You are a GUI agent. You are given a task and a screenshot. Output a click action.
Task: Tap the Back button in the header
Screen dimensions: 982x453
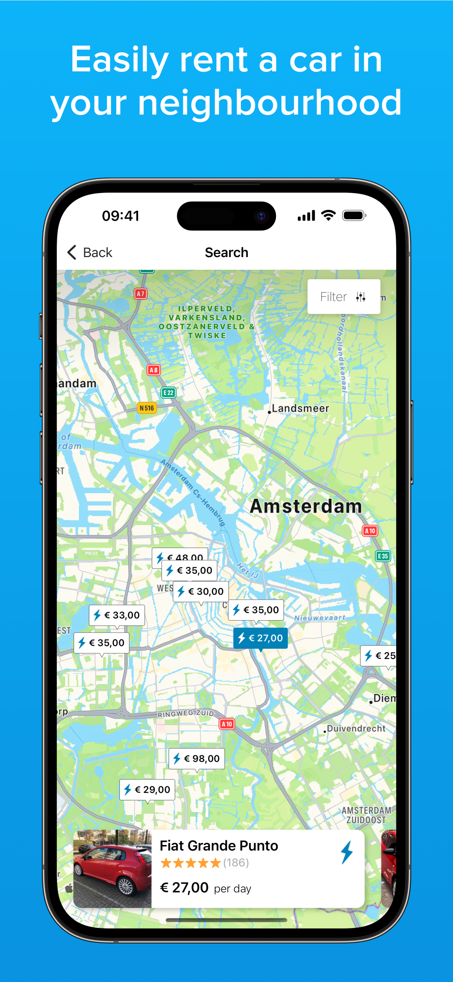90,253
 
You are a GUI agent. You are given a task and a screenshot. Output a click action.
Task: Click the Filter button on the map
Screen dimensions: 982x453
343,296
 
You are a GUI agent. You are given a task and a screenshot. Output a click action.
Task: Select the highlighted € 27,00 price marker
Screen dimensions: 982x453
261,638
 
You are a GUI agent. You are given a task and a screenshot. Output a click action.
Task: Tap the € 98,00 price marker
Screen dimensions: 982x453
197,758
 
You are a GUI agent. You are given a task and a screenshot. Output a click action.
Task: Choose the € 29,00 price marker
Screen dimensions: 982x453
147,789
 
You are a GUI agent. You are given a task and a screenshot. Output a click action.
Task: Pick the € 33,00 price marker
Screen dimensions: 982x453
117,615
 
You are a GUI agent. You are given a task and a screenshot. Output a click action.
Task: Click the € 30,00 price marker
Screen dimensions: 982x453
201,591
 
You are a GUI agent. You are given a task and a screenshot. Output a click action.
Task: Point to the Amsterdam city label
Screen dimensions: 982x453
306,506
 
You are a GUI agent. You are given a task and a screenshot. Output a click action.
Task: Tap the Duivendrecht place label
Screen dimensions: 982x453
355,728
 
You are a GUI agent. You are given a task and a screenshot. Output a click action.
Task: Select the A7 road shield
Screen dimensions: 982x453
141,294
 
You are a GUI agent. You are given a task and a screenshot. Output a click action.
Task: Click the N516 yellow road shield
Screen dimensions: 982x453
147,408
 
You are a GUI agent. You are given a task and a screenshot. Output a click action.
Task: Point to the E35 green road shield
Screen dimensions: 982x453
383,556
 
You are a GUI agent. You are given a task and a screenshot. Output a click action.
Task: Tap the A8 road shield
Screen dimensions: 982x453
154,370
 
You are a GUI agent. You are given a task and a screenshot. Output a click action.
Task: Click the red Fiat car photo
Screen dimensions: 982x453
112,869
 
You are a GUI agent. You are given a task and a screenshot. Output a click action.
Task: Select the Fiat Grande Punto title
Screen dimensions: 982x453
219,845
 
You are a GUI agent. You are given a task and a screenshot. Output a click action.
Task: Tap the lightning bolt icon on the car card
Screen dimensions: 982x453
347,852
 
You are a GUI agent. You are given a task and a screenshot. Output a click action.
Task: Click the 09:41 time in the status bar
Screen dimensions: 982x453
120,216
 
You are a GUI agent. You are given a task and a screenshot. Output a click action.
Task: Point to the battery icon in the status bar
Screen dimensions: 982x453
354,215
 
